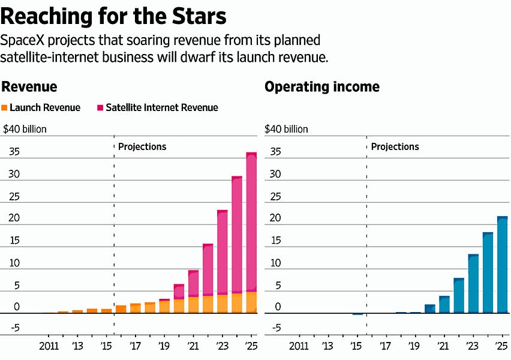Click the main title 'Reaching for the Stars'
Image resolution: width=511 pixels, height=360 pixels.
click(114, 16)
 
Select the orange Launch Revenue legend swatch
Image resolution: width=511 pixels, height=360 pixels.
click(5, 108)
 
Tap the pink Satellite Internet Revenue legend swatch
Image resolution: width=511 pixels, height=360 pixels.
click(100, 108)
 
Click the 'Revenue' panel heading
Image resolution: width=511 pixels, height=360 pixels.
click(29, 87)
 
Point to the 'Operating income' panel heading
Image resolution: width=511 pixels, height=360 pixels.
click(322, 87)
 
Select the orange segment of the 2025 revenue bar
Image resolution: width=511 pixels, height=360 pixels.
click(251, 302)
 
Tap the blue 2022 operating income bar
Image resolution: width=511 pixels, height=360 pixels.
click(458, 296)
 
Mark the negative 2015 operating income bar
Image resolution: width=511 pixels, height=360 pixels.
click(357, 314)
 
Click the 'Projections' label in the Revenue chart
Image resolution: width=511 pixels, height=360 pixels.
click(142, 146)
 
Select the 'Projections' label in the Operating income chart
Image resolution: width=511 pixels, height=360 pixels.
click(395, 146)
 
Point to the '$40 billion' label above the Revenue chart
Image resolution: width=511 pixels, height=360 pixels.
click(25, 129)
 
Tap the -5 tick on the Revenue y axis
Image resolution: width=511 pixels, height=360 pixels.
click(14, 328)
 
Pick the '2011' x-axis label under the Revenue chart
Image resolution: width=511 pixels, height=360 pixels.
click(49, 346)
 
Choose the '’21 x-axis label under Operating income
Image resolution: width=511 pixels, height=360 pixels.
click(444, 346)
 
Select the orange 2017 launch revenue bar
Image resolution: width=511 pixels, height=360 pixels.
click(135, 308)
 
